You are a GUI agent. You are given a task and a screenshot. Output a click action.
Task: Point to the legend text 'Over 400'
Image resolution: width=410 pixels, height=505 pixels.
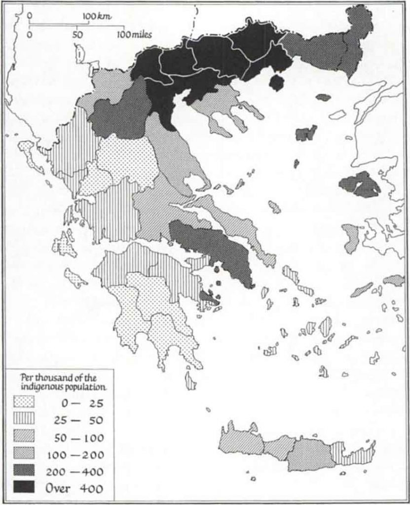75,489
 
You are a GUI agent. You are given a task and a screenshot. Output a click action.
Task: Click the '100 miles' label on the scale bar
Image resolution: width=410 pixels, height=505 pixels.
134,35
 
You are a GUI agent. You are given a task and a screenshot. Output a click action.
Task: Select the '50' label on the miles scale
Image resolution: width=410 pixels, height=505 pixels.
77,35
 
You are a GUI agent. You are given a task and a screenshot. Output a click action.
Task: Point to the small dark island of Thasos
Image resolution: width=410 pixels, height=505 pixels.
277,82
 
